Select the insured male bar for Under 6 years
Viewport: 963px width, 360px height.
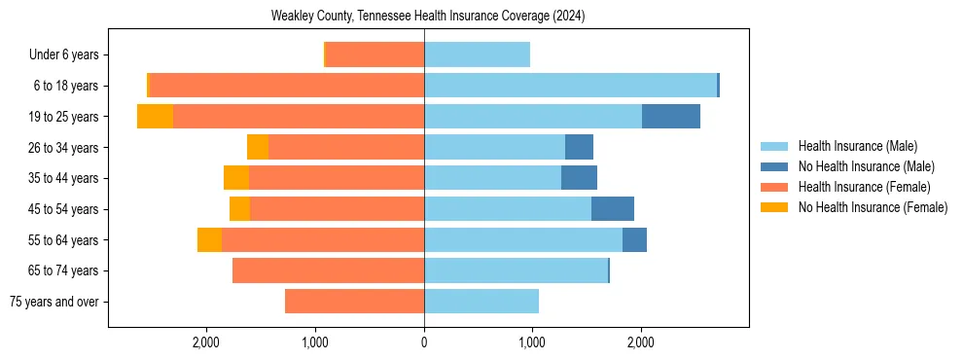[477, 54]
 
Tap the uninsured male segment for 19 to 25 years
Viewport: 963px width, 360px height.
[670, 116]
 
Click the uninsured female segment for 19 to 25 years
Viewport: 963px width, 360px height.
[155, 116]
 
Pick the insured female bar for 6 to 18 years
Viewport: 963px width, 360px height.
[287, 86]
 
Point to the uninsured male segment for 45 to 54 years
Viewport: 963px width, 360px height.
[612, 208]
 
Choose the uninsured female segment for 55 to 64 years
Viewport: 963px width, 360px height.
[209, 239]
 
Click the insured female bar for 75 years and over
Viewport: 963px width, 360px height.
[354, 302]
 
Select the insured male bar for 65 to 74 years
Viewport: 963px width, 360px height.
[516, 270]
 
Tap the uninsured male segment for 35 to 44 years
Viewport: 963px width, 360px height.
[579, 178]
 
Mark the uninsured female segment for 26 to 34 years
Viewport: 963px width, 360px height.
[258, 147]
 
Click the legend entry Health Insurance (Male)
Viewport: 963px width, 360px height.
[857, 146]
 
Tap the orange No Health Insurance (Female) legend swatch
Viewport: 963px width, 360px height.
[774, 207]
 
